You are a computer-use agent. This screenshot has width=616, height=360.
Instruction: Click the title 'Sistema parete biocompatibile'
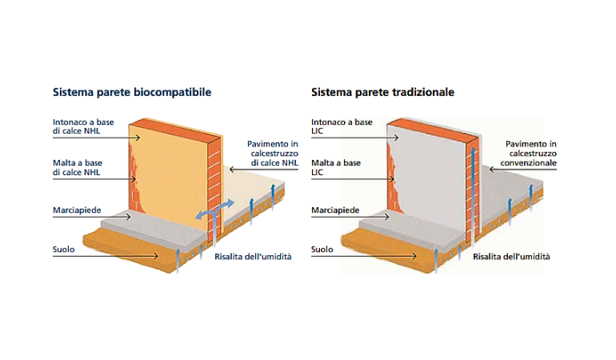coord(132,92)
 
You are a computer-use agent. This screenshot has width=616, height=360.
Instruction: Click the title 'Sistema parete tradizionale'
coord(382,92)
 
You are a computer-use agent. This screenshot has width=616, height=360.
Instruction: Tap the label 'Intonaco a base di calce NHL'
coord(83,126)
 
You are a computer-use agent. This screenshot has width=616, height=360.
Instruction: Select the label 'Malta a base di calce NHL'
coord(78,167)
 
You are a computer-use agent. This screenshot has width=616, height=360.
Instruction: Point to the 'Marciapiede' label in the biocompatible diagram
coord(77,210)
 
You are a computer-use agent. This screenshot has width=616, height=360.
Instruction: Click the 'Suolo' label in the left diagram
coord(64,249)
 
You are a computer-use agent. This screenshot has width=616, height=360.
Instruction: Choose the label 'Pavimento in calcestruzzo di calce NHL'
coord(273,154)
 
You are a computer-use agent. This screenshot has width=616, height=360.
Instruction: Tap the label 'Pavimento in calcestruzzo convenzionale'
coord(528,154)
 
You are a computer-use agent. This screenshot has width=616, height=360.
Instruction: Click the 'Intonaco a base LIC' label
coord(342,126)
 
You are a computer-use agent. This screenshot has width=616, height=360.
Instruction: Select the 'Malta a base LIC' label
coord(336,167)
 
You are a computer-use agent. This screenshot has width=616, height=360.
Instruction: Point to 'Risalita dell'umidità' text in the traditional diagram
coord(511,257)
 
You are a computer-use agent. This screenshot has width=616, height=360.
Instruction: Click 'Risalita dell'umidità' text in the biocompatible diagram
coord(253,257)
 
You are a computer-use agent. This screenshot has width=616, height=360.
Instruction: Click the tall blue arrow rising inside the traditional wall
coord(473,193)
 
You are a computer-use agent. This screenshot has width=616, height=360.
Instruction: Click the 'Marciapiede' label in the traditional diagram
coord(335,210)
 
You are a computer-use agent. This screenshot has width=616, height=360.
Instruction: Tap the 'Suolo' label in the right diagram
coord(322,249)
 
